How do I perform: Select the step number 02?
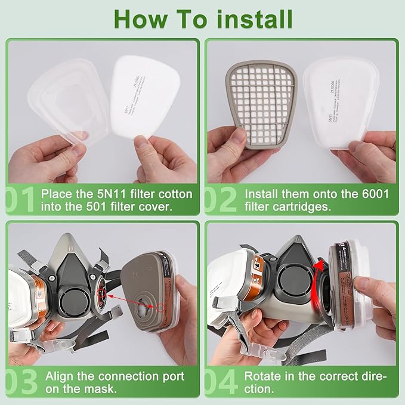click(221, 200)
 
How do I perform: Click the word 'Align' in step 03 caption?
click(60, 377)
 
